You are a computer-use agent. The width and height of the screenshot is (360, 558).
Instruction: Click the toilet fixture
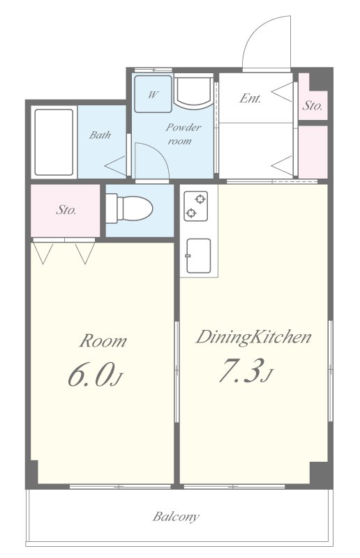(129, 209)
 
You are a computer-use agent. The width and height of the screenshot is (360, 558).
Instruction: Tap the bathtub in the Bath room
(54, 142)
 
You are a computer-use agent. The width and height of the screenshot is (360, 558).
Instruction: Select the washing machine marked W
(153, 94)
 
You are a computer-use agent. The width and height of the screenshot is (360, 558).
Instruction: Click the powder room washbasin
(194, 91)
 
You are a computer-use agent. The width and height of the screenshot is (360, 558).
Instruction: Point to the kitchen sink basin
(198, 255)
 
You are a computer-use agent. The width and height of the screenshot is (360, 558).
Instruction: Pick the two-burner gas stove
(195, 206)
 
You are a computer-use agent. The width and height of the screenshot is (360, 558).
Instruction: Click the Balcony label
(176, 516)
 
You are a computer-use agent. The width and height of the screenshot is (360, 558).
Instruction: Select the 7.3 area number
(246, 370)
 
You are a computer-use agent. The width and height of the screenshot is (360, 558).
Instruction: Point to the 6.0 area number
(95, 375)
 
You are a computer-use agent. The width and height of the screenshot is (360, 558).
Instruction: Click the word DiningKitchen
(253, 337)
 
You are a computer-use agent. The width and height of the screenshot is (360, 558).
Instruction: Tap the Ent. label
(250, 98)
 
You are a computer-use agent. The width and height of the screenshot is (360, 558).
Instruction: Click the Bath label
(100, 135)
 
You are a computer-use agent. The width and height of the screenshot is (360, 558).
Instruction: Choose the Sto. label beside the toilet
(66, 210)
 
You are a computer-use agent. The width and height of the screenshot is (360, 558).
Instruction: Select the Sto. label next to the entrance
(313, 105)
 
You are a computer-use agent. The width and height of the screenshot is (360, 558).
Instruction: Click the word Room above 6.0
(103, 340)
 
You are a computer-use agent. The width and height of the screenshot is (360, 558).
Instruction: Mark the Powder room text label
(183, 134)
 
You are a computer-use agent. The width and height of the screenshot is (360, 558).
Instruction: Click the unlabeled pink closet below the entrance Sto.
(313, 152)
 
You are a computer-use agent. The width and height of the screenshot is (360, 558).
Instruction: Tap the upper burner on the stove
(200, 199)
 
